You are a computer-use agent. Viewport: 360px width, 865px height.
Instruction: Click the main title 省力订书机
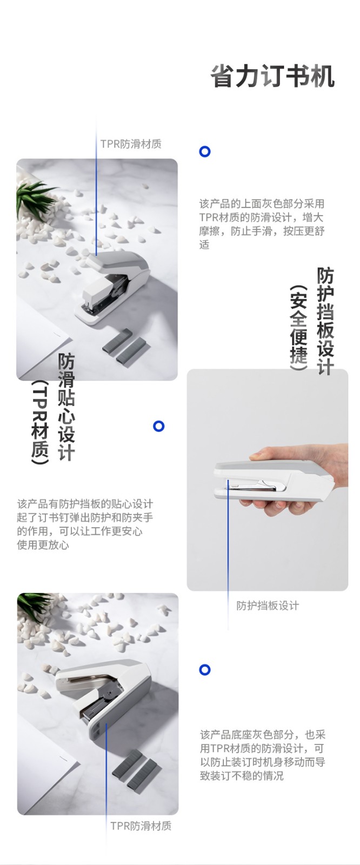tap(272, 76)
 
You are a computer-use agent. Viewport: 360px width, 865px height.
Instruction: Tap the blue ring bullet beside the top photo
tap(205, 151)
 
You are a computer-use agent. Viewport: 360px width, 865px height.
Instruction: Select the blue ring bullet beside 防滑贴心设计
tap(159, 426)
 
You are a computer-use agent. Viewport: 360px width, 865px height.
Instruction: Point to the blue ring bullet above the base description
tap(205, 670)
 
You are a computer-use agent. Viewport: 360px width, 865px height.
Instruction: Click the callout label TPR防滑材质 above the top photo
tap(131, 144)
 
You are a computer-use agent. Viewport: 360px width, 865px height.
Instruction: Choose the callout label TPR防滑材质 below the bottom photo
tap(141, 826)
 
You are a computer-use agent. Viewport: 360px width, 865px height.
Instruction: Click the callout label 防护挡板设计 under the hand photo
tap(268, 605)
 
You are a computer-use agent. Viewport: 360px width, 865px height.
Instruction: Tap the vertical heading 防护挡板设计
tap(325, 321)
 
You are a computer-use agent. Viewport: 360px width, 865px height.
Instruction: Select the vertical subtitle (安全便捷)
tap(298, 328)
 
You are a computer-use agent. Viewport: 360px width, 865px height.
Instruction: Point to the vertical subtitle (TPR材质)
tap(40, 422)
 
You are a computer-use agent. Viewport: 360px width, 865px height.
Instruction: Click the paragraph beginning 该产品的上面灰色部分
tap(262, 224)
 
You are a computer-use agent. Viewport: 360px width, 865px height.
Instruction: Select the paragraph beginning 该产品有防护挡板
tap(85, 524)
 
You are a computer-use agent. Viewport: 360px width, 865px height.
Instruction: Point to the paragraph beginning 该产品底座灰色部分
tap(263, 755)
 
